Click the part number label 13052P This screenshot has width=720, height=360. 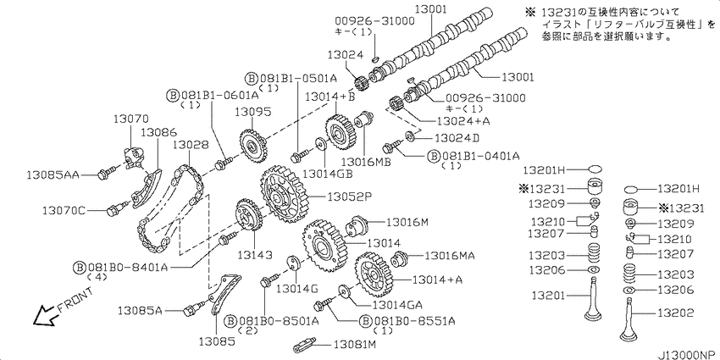click(349, 197)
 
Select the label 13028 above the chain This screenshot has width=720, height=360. click(191, 145)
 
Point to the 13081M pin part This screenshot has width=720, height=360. click(304, 343)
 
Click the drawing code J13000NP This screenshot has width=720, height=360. click(688, 355)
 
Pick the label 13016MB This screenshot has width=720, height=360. click(367, 162)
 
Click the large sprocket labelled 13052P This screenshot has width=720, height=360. click(283, 195)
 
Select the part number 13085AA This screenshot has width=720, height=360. click(53, 174)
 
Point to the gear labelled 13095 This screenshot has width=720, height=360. click(252, 147)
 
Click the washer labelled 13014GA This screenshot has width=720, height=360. click(344, 292)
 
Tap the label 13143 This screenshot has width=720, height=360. click(256, 254)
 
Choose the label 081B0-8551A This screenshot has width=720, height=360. click(407, 320)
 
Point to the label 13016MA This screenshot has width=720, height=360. click(451, 255)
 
